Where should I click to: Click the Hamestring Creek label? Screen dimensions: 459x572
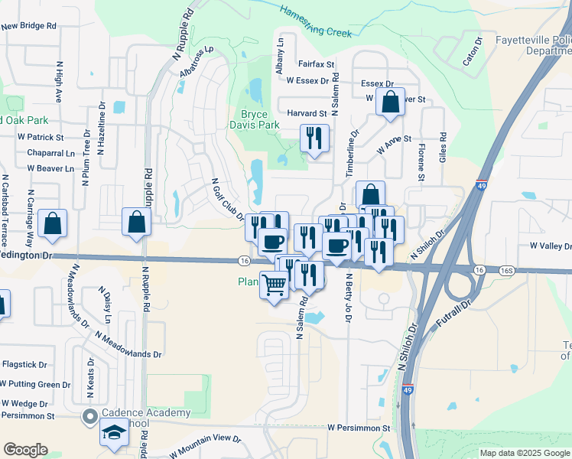tap(315, 21)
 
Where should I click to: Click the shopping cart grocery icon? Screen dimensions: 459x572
tap(275, 285)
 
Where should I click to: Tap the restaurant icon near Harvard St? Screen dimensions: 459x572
tap(314, 138)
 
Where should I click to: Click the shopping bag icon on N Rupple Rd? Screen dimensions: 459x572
tap(136, 223)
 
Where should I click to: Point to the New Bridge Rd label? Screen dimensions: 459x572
tap(29, 25)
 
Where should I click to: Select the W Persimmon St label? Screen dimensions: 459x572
tap(359, 428)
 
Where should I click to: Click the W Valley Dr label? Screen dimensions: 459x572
tap(550, 246)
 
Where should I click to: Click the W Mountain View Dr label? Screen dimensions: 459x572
tap(205, 446)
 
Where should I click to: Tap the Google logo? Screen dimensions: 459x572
tap(25, 450)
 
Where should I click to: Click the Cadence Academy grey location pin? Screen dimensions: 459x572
tap(89, 417)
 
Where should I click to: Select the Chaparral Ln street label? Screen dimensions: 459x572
tap(47, 152)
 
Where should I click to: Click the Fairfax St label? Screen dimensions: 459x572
tap(317, 65)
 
